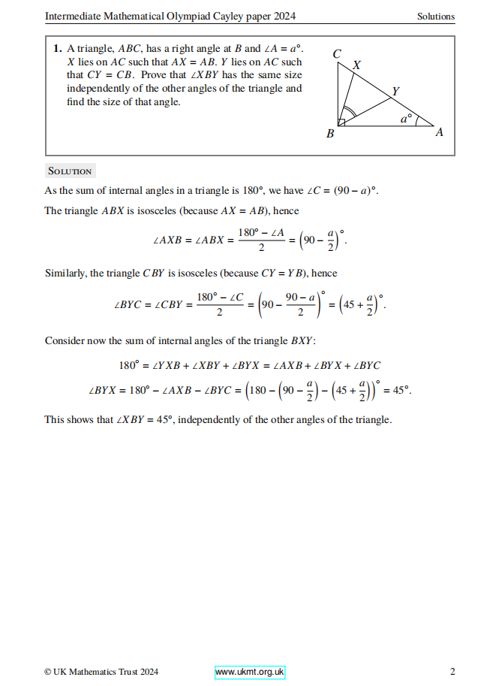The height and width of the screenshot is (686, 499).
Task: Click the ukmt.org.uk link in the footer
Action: (x=250, y=672)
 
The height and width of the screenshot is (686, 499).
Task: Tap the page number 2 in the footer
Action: (x=452, y=672)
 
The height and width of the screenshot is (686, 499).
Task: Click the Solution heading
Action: (x=69, y=171)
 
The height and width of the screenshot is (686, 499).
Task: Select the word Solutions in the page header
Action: (x=436, y=17)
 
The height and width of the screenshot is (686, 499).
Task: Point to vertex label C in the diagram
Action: (x=337, y=54)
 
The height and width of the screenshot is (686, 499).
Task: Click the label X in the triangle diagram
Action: (x=356, y=65)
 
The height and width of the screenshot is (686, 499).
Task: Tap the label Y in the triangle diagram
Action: (x=395, y=92)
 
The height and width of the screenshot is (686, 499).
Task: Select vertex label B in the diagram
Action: (x=330, y=134)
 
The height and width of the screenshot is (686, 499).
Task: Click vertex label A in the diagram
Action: (x=440, y=132)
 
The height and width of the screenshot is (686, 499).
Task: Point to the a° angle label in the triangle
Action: (x=406, y=119)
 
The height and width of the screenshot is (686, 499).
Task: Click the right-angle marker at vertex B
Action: (x=342, y=122)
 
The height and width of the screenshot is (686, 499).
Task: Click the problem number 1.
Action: (x=57, y=48)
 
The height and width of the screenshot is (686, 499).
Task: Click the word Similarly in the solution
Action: (x=65, y=273)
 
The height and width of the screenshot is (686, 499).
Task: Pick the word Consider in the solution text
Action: (x=65, y=340)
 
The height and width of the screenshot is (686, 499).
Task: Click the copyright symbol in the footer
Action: (x=47, y=672)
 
